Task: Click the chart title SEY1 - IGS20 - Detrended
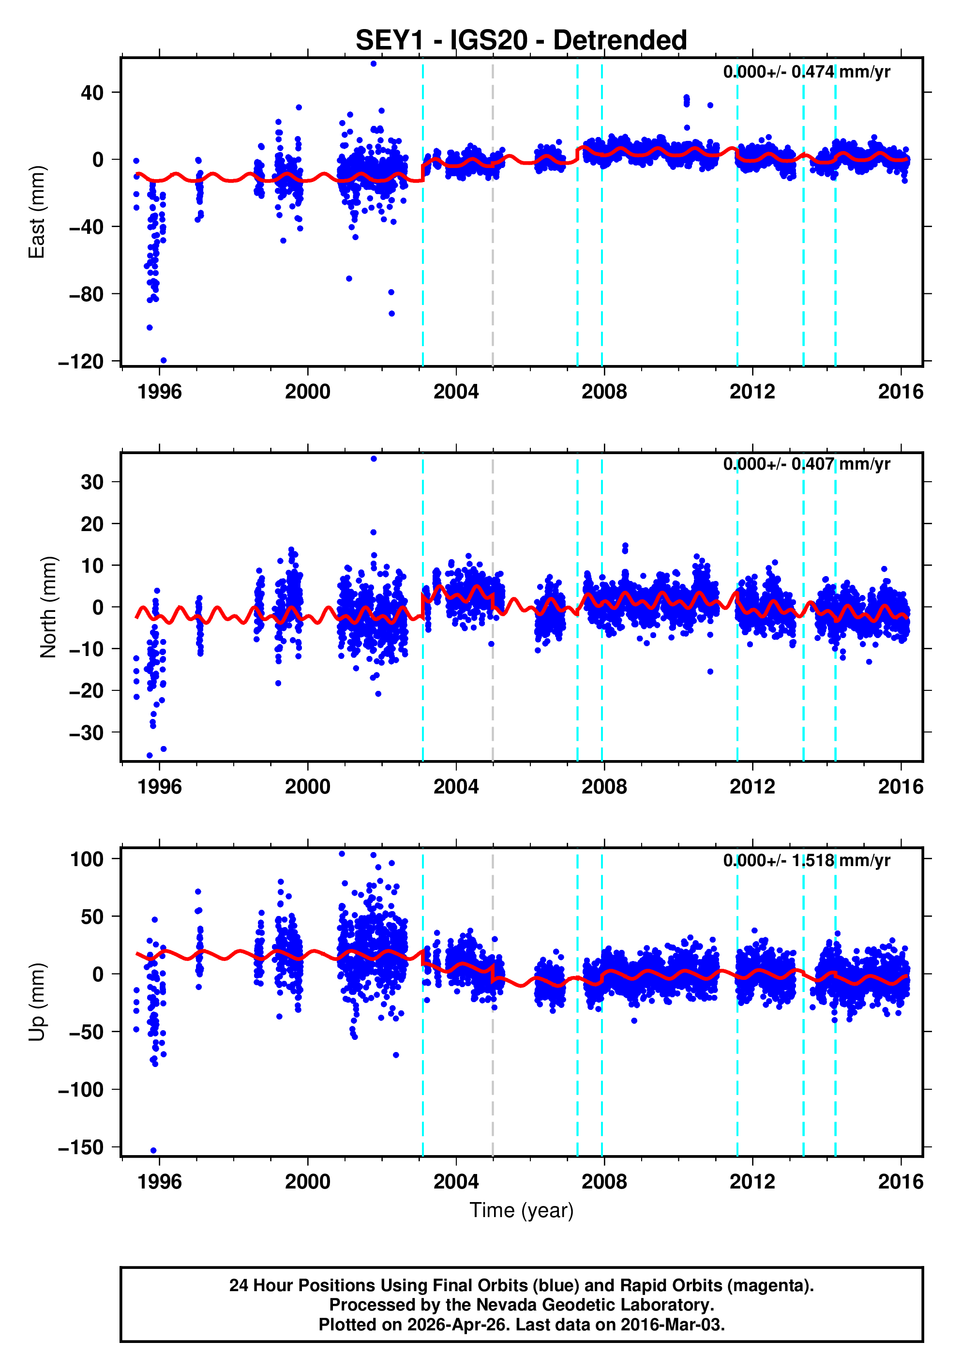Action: (521, 41)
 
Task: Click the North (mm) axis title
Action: (48, 607)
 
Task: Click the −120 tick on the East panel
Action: (81, 362)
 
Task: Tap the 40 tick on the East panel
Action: (92, 92)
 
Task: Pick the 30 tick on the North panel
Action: (92, 482)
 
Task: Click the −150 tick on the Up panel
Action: (81, 1147)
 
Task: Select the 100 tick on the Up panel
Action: (87, 859)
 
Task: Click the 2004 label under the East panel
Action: (456, 392)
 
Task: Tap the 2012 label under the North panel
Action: (752, 786)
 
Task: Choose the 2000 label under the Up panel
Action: (308, 1181)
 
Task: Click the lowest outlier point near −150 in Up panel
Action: (153, 1150)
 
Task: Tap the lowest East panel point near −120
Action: (164, 360)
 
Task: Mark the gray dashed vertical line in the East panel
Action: (493, 239)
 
